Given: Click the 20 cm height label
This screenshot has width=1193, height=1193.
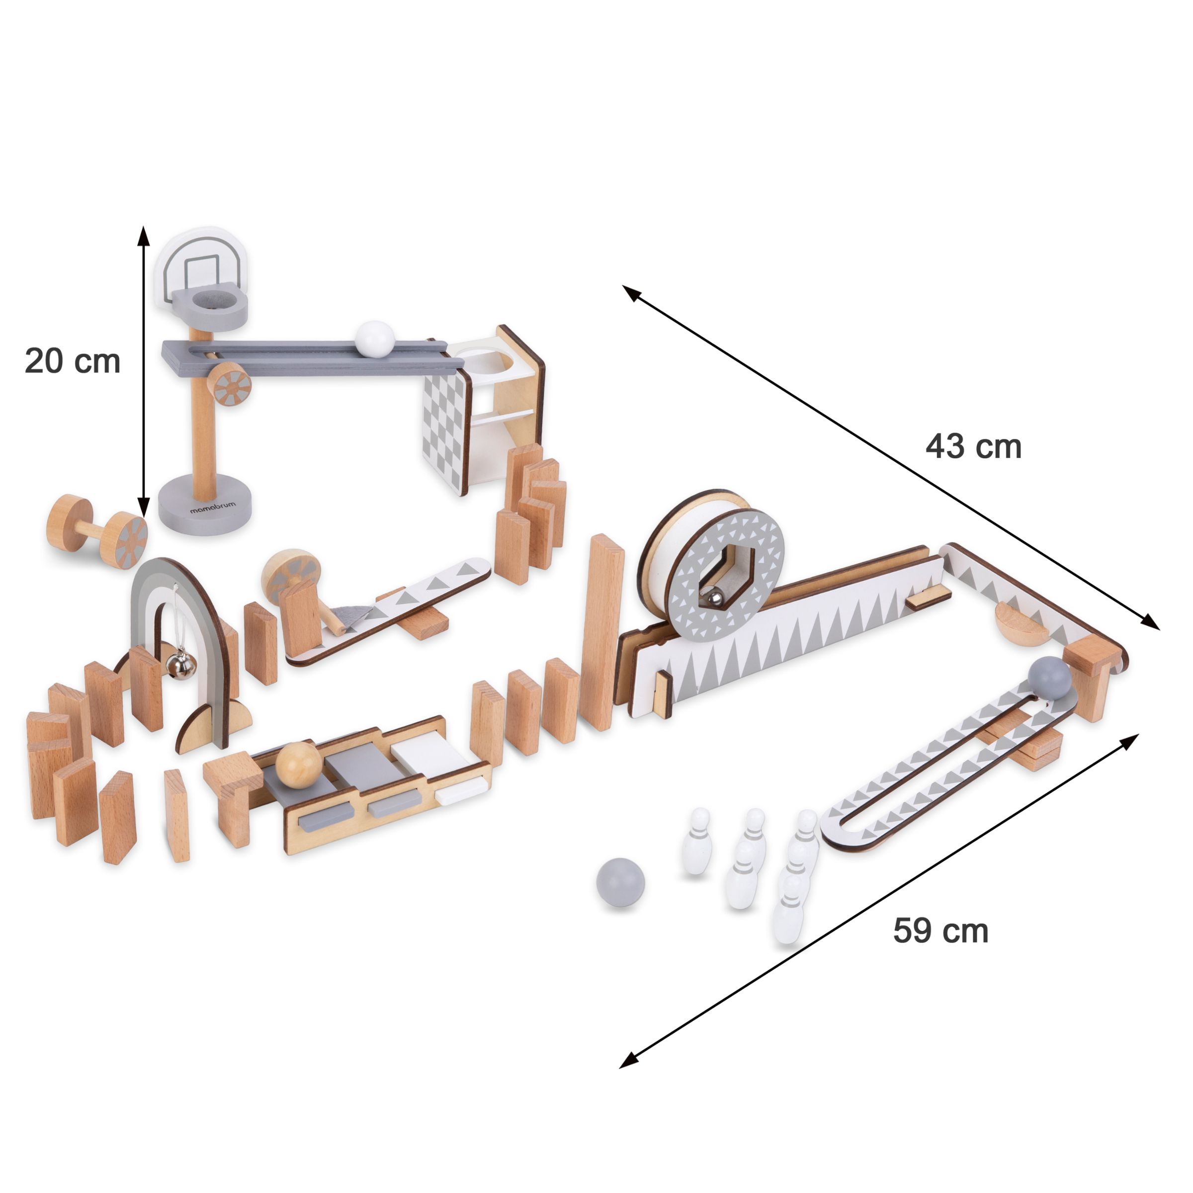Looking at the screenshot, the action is [x=72, y=361].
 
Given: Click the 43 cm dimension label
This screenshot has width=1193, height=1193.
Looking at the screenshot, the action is [x=973, y=446].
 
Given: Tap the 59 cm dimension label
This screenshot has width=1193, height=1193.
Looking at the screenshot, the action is [x=940, y=931].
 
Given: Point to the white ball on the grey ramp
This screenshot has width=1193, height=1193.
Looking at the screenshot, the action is [x=374, y=339].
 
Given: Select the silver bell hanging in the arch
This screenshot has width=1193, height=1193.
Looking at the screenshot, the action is [x=173, y=663].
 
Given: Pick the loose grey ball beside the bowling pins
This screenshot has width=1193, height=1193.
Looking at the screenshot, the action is [x=620, y=883].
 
